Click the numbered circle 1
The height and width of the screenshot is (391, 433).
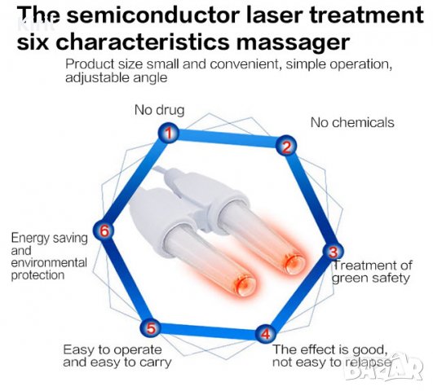pos(169,133)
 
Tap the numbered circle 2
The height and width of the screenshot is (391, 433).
pos(286,146)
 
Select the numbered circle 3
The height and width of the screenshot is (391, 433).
pos(334,251)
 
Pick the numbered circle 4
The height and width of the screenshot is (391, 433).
pos(265,333)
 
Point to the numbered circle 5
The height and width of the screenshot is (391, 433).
pos(151,327)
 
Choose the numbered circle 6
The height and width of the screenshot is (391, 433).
pos(104,231)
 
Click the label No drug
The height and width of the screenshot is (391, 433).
pos(159,110)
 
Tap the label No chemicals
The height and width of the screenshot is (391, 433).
pos(352,122)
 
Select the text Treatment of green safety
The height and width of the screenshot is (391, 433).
pos(372,271)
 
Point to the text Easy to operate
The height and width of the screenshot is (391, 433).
pos(113,350)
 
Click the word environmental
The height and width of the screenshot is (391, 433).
pos(49,262)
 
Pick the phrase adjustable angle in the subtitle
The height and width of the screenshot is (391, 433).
pos(117,78)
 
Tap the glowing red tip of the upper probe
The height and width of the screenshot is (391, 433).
pos(293,263)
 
